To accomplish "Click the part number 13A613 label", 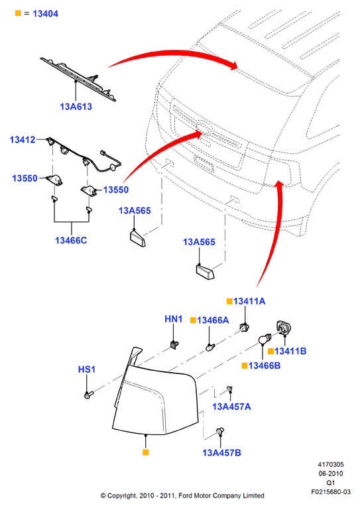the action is [76, 107].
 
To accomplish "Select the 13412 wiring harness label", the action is [23, 140].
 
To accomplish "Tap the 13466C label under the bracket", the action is [71, 240].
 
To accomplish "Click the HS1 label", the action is [86, 369].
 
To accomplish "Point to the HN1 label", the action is [173, 319].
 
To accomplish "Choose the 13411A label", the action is [249, 301].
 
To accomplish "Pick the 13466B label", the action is [265, 365].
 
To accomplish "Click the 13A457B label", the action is [221, 453].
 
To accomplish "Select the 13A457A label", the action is [231, 407].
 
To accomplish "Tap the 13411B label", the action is [290, 351].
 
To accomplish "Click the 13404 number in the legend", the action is [45, 14].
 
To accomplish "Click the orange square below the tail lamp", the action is [146, 452].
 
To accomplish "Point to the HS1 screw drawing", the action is [88, 395].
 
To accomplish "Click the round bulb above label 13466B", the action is [265, 340].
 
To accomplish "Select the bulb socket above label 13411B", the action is [284, 328].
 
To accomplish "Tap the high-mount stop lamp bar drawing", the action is [78, 79].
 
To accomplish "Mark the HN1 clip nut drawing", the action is [175, 344].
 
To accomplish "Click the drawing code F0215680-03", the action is [331, 492].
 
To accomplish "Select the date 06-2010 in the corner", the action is [331, 474].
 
